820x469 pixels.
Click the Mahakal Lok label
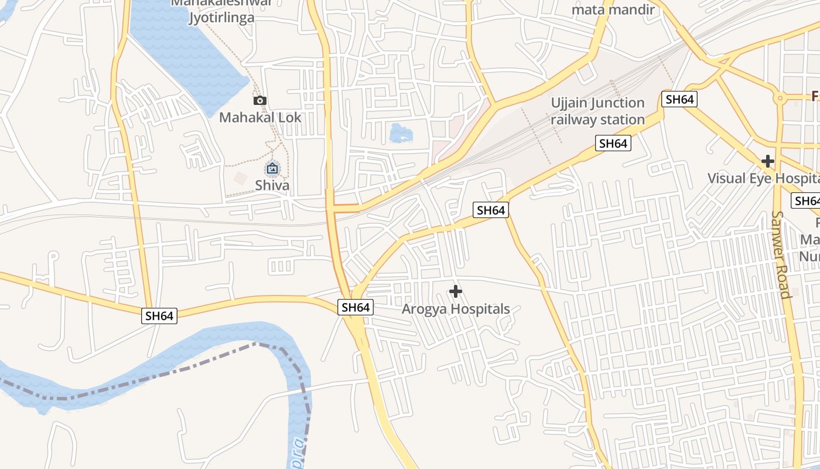pos(260,117)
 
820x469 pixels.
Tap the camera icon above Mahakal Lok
pos(260,100)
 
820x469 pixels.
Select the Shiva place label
pos(272,185)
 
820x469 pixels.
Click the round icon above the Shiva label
pos(272,169)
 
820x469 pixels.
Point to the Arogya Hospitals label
pos(456,309)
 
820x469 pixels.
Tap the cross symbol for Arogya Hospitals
pos(456,291)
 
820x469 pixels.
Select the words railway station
pos(597,120)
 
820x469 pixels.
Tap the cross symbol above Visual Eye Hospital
pos(768,161)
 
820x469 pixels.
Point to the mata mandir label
pos(613,9)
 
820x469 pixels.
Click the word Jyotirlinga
pos(221,18)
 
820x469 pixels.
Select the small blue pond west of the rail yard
pos(401,133)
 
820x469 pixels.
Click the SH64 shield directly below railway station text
pos(613,143)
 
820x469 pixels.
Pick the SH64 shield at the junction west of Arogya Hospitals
pos(356,307)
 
